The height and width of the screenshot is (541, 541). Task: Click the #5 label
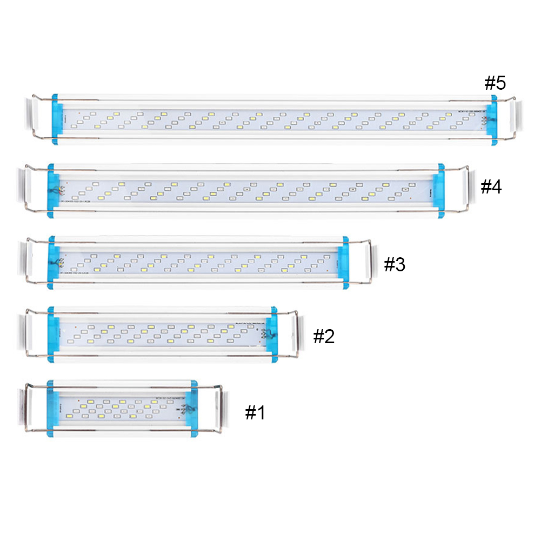tap(495, 83)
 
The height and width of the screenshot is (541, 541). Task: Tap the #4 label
tap(491, 187)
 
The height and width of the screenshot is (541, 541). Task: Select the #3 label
tap(394, 265)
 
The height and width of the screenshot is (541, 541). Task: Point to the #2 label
tap(324, 336)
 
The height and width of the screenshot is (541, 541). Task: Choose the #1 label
tap(255, 413)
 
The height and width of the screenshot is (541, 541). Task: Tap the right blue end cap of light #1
tap(190, 408)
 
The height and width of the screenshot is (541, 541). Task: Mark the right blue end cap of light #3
tap(343, 262)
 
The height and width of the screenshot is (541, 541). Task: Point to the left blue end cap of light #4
tap(53, 191)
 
